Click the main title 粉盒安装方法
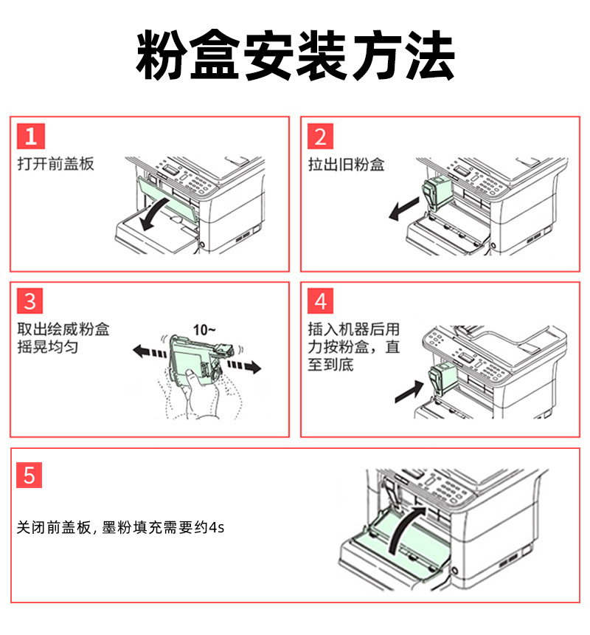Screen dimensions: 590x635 pos(295,55)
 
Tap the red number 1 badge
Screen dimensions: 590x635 pos(31,136)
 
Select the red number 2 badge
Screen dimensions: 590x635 pos(320,136)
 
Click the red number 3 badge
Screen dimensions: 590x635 pos(30,301)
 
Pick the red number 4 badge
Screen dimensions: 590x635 pos(320,301)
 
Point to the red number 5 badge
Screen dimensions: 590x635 pos(29,475)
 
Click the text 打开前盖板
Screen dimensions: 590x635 pos(56,164)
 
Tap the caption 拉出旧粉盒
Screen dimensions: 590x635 pos(346,165)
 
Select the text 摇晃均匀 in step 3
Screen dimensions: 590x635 pos(48,347)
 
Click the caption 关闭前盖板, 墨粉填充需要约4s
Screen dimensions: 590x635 pos(120,527)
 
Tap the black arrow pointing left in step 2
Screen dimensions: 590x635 pos(403,209)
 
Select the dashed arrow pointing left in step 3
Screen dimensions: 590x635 pos(150,351)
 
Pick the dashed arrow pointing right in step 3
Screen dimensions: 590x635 pos(244,366)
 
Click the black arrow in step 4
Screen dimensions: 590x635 pos(409,391)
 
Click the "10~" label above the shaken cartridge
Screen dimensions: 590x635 pos(204,330)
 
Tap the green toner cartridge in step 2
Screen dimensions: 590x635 pos(437,193)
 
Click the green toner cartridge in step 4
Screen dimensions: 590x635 pos(442,378)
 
